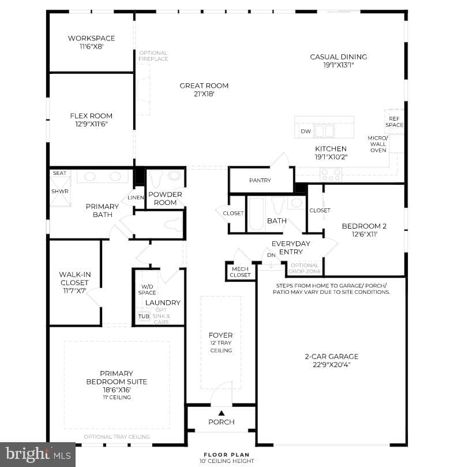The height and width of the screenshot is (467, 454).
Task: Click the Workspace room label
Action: tap(91, 39)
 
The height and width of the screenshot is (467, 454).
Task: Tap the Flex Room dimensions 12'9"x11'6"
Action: tap(91, 124)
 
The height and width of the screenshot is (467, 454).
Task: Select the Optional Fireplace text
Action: tap(153, 56)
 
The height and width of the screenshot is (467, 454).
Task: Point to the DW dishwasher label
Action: tap(306, 132)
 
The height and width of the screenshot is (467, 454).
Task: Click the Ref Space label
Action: tap(394, 122)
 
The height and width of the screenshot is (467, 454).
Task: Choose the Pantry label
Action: tap(260, 181)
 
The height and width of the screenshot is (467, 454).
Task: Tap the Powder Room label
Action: tap(165, 199)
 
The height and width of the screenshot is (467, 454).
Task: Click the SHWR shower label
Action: tap(60, 192)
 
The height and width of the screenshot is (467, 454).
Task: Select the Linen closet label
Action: tap(136, 198)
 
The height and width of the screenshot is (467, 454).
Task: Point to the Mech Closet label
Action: tap(240, 272)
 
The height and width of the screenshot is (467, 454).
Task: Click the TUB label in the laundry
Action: tap(144, 316)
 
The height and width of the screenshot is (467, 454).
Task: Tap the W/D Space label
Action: tap(147, 289)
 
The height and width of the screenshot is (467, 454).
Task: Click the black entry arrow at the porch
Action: tap(222, 413)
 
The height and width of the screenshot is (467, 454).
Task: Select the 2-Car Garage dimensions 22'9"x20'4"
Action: tap(332, 365)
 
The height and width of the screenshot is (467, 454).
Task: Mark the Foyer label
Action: tap(221, 335)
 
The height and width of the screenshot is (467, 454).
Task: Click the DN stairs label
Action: tap(271, 255)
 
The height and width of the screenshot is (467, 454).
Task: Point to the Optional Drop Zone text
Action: tap(305, 268)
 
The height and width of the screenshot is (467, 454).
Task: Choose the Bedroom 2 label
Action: tap(365, 226)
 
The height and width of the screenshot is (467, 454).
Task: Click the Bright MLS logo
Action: tap(38, 455)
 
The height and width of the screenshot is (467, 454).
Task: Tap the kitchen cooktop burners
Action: tap(331, 174)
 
